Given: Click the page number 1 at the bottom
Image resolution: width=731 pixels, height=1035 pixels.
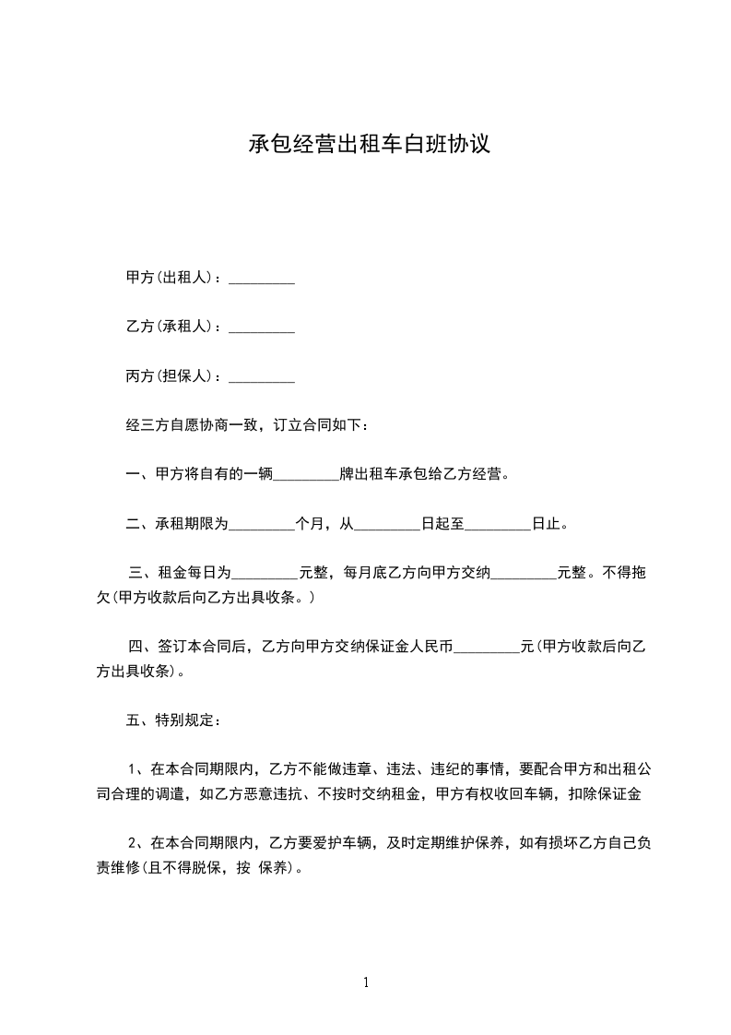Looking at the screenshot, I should coord(366,982).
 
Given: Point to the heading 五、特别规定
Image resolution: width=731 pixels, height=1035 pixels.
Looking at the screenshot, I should coord(171,720).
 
